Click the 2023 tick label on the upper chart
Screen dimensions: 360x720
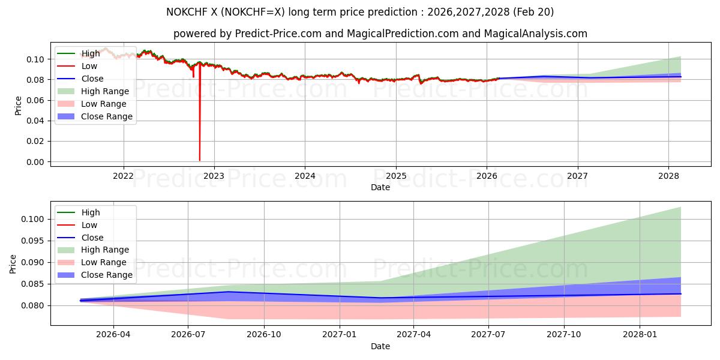[x=214, y=176]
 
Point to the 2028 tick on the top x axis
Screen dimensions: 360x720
[x=668, y=176]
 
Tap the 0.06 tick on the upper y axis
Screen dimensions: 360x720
[x=35, y=100]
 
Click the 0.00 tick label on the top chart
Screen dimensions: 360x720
[x=35, y=162]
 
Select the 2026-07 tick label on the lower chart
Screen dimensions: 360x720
[x=188, y=335]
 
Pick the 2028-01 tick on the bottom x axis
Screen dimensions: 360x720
[x=641, y=335]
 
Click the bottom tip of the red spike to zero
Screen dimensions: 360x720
[x=200, y=160]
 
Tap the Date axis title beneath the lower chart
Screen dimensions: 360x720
[x=380, y=346]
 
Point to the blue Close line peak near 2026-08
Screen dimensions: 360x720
[x=229, y=292]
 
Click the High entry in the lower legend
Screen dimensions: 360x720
[x=91, y=212]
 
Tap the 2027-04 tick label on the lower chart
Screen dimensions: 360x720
[x=413, y=335]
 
